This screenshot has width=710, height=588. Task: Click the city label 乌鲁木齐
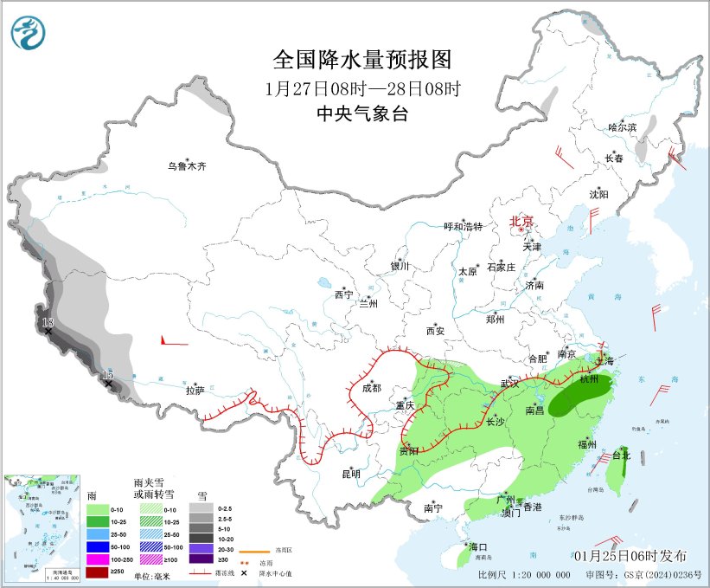tap(188, 165)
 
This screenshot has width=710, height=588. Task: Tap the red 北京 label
tap(521, 221)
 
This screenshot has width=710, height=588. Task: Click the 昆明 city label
tap(350, 474)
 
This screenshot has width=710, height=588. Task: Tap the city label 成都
tap(372, 388)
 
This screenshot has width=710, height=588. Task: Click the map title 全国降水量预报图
tap(362, 60)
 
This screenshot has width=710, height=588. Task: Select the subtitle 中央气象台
tap(362, 113)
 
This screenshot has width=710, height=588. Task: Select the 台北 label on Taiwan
tap(621, 455)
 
